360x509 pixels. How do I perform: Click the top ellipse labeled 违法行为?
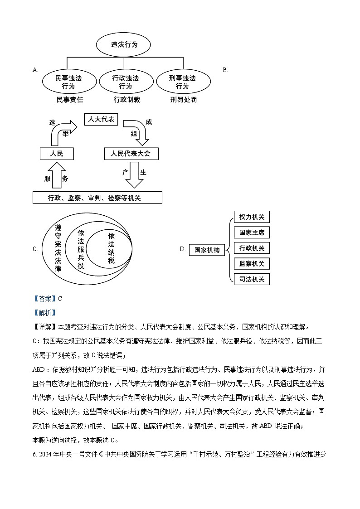[123, 45]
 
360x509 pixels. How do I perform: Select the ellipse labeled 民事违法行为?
[68, 82]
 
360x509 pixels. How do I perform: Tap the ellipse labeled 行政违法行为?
[126, 82]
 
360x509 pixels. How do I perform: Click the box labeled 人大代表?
[101, 120]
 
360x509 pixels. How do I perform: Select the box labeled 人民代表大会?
[131, 154]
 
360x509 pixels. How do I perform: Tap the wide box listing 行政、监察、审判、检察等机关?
[97, 198]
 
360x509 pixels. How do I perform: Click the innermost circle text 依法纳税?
[112, 248]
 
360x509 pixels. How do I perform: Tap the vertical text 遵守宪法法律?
[58, 248]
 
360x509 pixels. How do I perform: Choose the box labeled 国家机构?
[207, 250]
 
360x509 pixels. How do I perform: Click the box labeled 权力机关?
[252, 217]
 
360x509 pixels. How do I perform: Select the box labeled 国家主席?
[252, 233]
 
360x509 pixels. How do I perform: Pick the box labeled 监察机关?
[252, 263]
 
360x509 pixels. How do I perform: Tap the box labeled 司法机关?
[252, 279]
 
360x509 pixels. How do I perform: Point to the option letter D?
[183, 249]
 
